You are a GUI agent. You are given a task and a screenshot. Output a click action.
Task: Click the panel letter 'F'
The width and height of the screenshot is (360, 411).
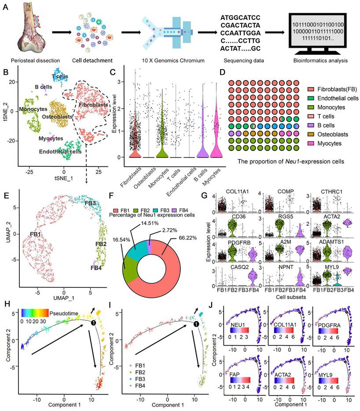click(x=124, y=192)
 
